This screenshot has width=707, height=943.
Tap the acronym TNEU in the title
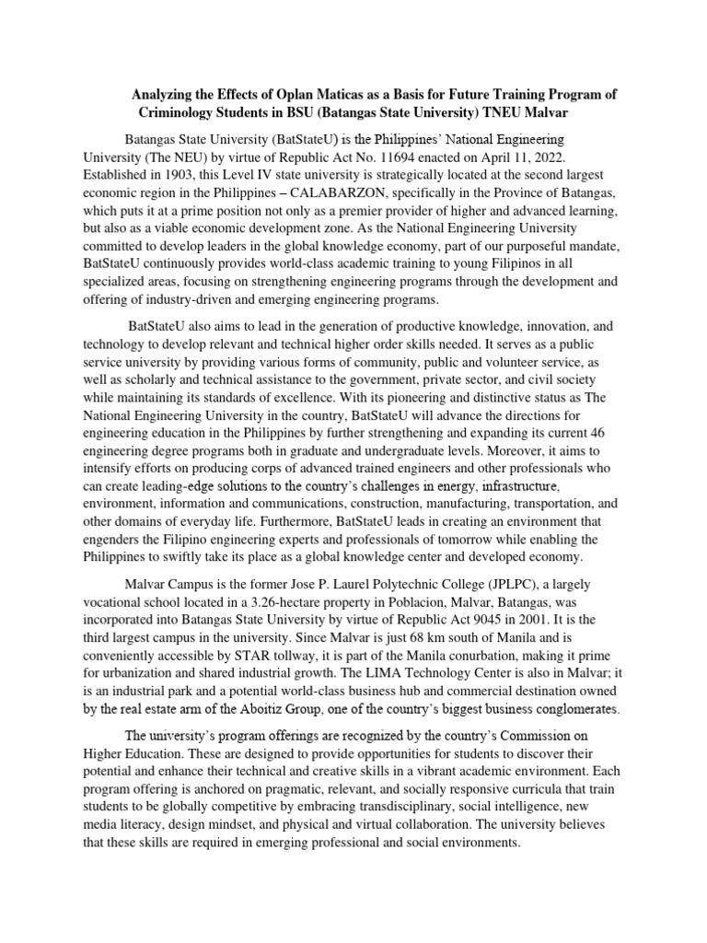[536, 111]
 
